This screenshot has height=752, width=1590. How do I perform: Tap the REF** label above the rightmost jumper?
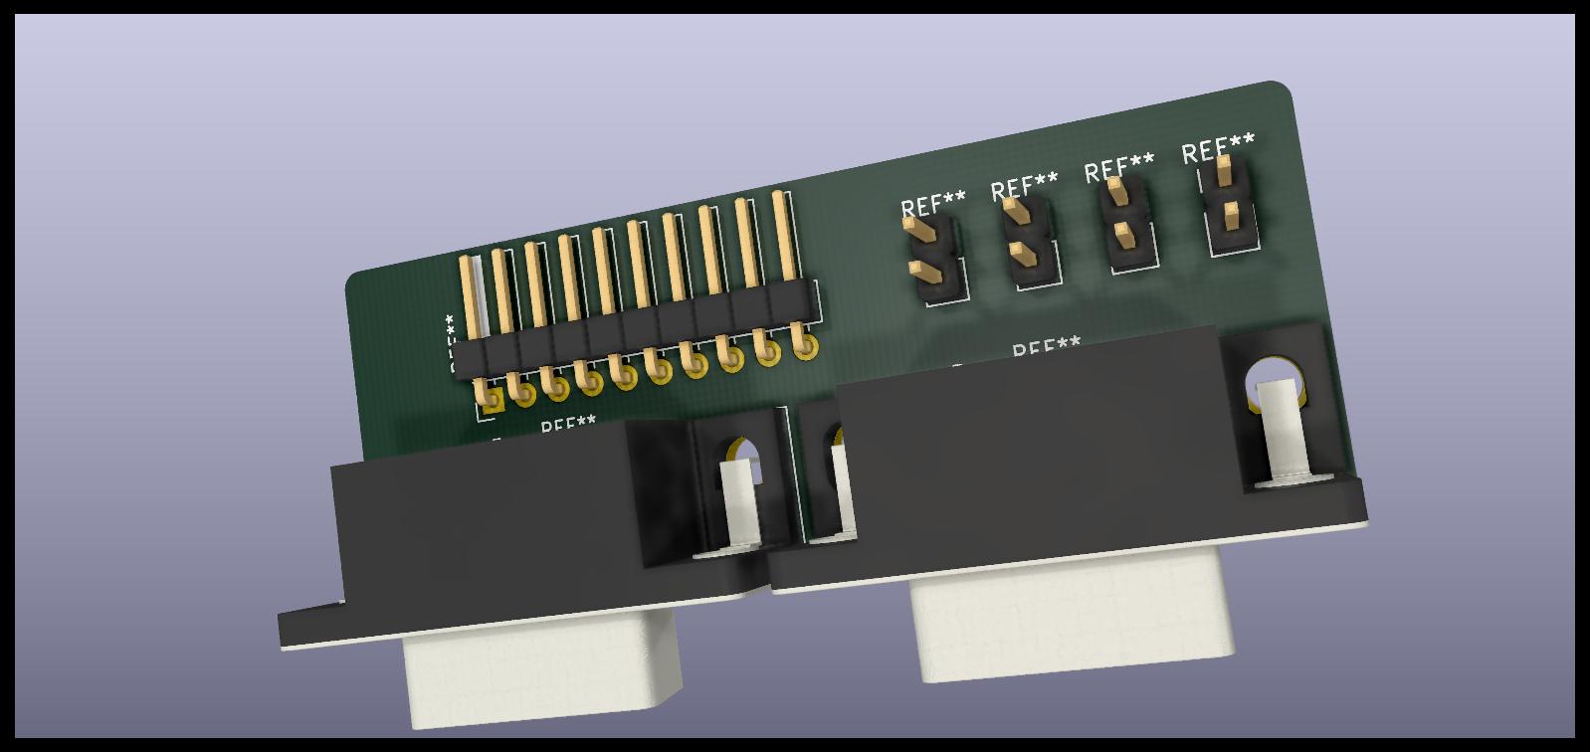tap(1218, 151)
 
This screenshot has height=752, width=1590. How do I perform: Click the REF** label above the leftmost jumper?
tap(933, 205)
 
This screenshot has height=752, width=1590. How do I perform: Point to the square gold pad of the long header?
tap(491, 401)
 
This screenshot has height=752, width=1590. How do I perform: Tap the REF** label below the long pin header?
tap(568, 426)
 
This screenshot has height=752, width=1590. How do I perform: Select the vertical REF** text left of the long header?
tap(451, 343)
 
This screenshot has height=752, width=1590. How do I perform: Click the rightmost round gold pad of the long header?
tap(807, 347)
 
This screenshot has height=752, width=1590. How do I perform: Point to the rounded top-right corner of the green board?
tap(1287, 92)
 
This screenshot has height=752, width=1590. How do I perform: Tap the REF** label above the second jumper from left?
tap(1024, 186)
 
